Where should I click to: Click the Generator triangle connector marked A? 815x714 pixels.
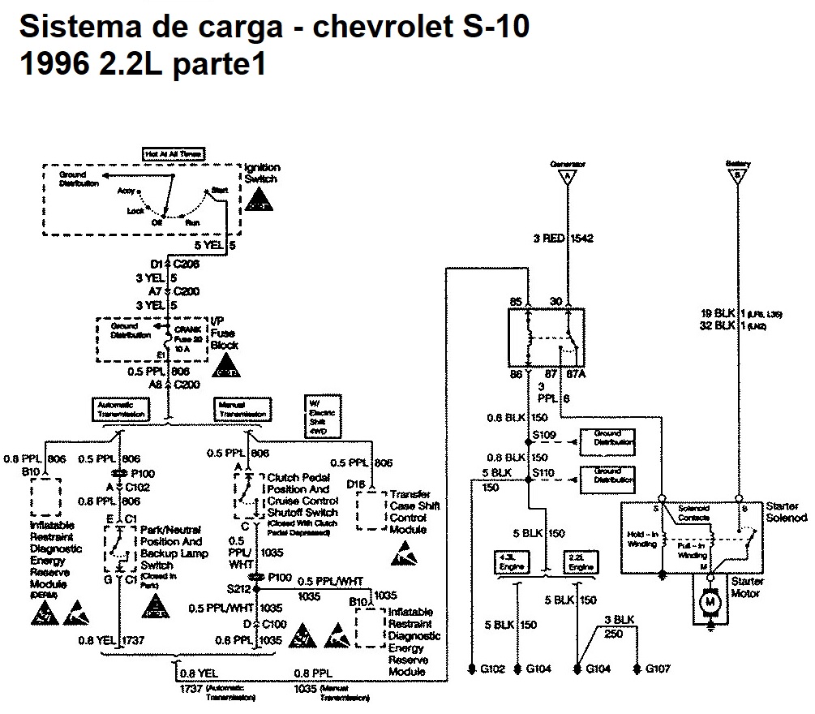pyautogui.click(x=567, y=176)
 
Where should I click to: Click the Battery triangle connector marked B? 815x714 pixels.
pyautogui.click(x=737, y=176)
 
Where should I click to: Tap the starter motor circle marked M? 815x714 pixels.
pyautogui.click(x=710, y=601)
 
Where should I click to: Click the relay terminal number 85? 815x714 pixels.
pyautogui.click(x=516, y=303)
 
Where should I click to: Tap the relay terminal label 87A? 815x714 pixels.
pyautogui.click(x=577, y=374)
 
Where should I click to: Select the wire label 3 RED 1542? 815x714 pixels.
pyautogui.click(x=563, y=239)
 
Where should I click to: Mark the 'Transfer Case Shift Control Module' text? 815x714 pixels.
pyautogui.click(x=414, y=511)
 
